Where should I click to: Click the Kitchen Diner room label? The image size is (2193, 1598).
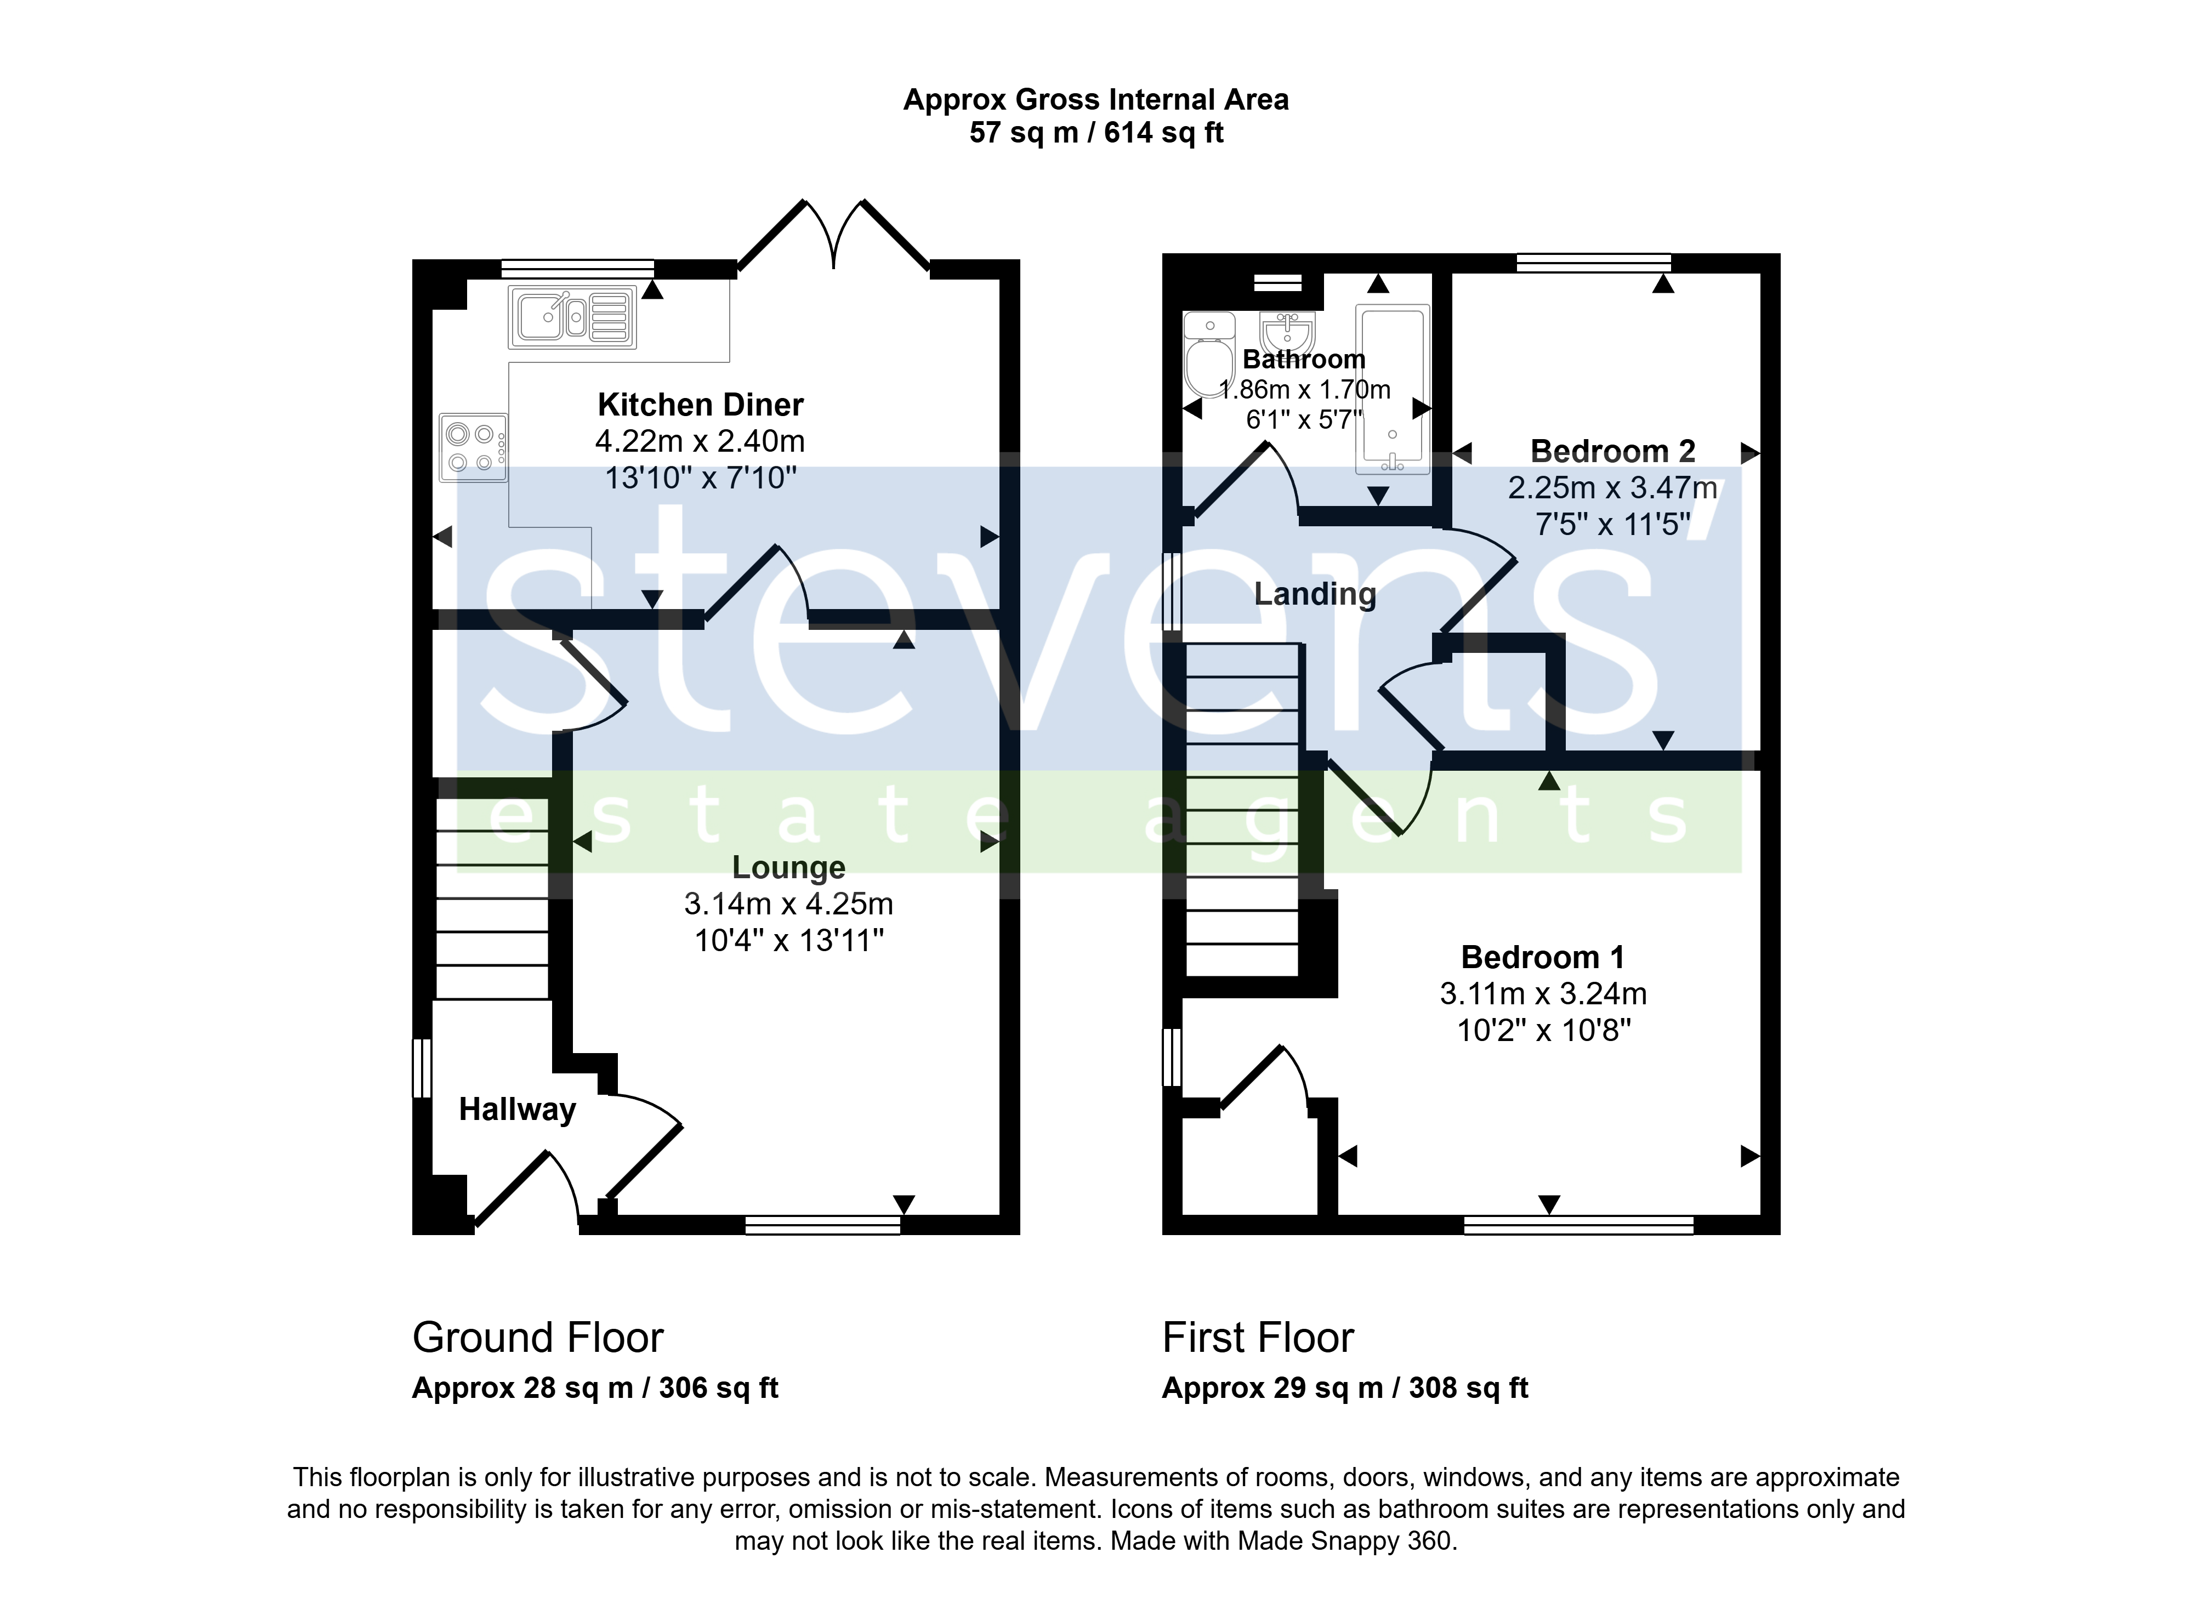(x=700, y=405)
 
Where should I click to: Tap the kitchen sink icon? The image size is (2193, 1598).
(x=573, y=316)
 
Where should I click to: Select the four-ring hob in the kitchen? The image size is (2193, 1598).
(x=473, y=448)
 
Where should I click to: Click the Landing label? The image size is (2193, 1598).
(x=1316, y=594)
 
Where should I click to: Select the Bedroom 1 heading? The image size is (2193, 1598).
(x=1543, y=957)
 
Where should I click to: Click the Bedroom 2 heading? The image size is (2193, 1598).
(x=1612, y=451)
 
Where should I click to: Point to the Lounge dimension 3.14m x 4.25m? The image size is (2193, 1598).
(x=788, y=903)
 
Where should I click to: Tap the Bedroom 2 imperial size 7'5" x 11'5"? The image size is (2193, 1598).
(x=1612, y=524)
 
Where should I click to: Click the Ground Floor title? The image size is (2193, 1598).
(x=538, y=1338)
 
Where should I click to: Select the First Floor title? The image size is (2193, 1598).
(x=1258, y=1338)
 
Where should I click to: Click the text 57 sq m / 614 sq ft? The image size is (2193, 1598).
(x=1096, y=133)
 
